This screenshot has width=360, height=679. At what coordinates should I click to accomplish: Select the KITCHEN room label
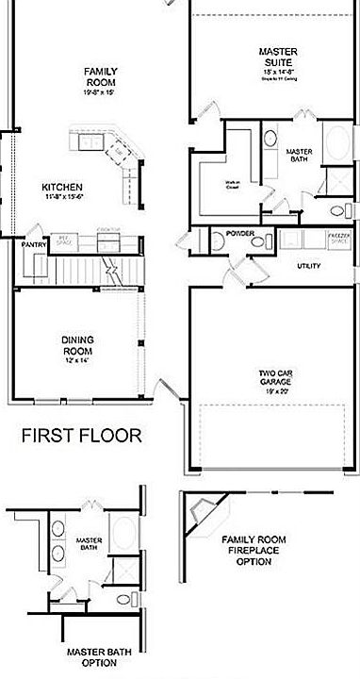pos(62,187)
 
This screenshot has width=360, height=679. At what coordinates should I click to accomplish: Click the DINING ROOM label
pos(77,345)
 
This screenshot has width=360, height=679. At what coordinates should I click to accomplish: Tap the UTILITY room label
pos(308,266)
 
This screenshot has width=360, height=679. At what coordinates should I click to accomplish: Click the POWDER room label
pos(239,232)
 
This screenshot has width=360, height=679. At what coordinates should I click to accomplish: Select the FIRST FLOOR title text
pos(82,436)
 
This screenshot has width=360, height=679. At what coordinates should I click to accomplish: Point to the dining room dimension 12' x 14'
pos(77,361)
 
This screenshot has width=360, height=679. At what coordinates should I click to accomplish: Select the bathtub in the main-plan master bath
pos(335,145)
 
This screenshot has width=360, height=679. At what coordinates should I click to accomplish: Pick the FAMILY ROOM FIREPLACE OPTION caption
pos(253,550)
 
